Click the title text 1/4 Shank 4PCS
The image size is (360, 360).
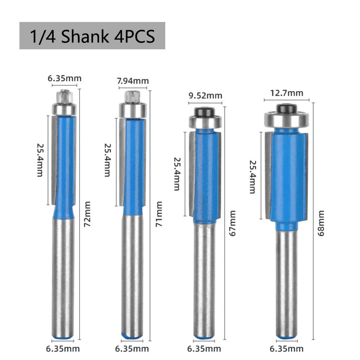coord(92,36)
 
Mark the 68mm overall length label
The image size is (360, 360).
coord(321,228)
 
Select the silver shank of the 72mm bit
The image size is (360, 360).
coord(64,274)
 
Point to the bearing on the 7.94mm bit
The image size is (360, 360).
coord(132,109)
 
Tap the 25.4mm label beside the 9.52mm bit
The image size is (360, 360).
coord(177,174)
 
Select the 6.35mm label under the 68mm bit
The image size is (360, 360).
coord(287,349)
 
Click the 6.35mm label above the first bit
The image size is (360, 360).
coord(65,78)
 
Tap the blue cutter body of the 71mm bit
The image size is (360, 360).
coord(134,166)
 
